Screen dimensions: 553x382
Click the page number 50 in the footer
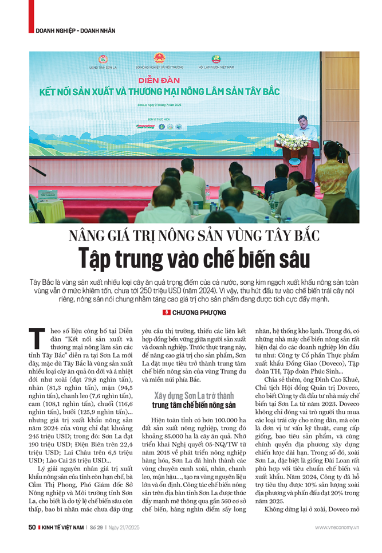coord(32,527)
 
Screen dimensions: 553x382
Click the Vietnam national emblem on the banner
coord(158,58)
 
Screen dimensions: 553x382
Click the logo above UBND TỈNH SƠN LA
coord(103,59)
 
